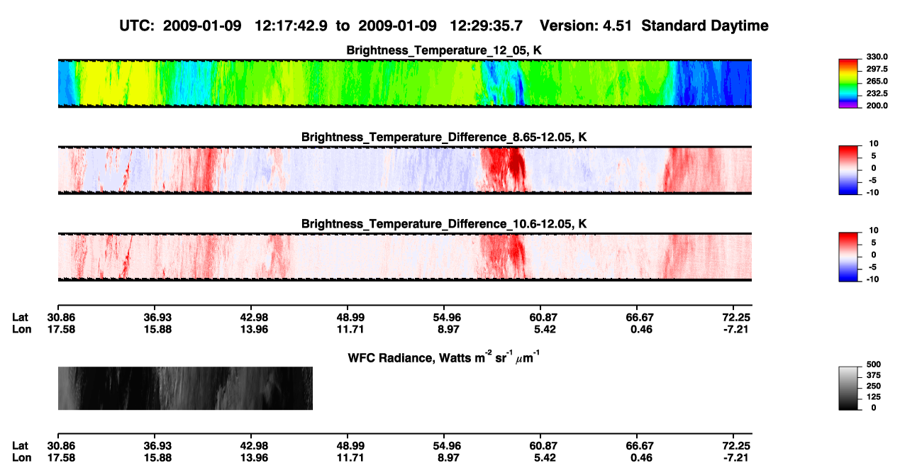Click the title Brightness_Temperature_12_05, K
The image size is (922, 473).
444,50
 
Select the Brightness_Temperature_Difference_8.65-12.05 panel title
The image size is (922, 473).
444,137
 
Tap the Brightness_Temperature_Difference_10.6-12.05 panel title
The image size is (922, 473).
444,224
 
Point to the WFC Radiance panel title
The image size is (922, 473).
444,357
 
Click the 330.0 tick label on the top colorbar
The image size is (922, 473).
877,57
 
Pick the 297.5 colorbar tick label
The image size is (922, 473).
877,69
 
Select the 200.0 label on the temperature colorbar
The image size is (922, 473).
877,106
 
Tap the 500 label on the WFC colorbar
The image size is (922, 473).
874,365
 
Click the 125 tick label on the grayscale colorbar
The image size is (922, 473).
874,397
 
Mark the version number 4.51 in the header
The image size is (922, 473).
617,26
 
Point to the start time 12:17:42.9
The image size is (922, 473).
291,26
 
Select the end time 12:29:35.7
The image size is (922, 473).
486,26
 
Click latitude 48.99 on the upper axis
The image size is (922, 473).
350,318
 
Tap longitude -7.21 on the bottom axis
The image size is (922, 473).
735,458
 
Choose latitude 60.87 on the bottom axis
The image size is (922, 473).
543,446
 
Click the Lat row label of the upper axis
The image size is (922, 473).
20,318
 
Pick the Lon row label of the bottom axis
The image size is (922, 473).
22,458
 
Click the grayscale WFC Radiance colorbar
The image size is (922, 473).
848,388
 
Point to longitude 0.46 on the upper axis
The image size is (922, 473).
641,329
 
